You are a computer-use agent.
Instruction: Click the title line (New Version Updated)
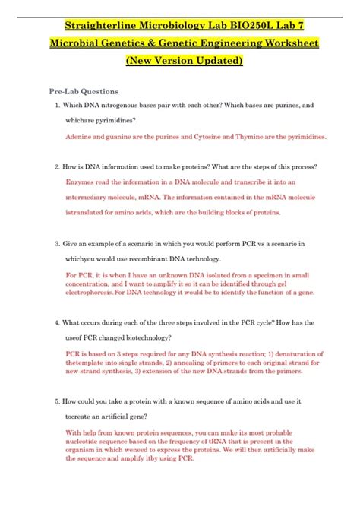(180, 60)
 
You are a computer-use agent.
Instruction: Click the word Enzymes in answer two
(84, 182)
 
